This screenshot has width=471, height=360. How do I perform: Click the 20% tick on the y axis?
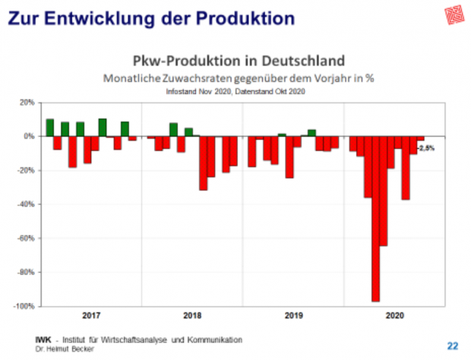(27, 103)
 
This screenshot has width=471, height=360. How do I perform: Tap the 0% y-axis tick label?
(29, 137)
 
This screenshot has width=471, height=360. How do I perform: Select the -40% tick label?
(26, 204)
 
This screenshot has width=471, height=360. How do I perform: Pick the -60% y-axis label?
(26, 238)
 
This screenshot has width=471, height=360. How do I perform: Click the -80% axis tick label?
(26, 272)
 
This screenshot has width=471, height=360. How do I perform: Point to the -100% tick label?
(24, 306)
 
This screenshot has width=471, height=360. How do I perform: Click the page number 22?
(453, 346)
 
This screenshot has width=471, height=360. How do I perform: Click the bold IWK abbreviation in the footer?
(43, 339)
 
